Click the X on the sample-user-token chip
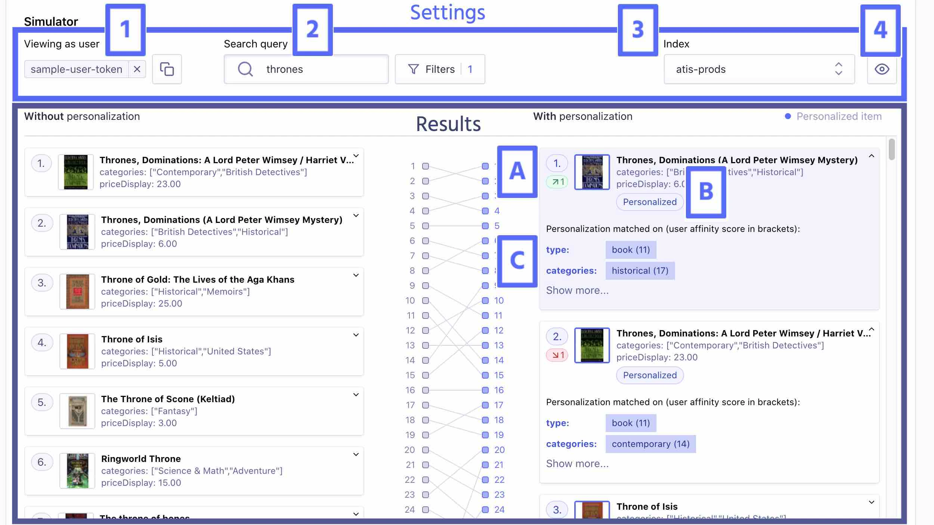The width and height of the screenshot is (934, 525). (137, 69)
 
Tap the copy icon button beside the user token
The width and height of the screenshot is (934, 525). (167, 69)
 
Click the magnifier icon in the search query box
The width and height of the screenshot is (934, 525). (245, 69)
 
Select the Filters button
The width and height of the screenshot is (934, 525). (440, 69)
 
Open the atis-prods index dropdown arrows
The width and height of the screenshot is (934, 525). (838, 69)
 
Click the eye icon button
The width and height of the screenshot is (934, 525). (882, 69)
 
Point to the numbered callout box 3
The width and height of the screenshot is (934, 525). (638, 30)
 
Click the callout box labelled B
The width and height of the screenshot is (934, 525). (706, 192)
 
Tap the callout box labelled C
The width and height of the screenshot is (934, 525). (517, 261)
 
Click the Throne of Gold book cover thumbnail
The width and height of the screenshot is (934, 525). (77, 292)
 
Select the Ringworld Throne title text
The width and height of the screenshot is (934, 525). (141, 459)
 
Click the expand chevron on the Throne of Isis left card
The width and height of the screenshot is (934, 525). (356, 335)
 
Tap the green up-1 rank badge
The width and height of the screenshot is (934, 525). (557, 182)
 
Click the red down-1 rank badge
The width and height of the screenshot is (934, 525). (557, 355)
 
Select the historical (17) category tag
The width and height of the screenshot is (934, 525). (640, 271)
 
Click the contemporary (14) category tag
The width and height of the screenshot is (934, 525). (650, 444)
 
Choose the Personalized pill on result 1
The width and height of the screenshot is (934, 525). (650, 202)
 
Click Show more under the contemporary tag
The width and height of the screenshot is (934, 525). (577, 464)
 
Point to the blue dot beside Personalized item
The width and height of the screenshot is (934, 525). (788, 117)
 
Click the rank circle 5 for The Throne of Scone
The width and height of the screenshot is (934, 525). (42, 403)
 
